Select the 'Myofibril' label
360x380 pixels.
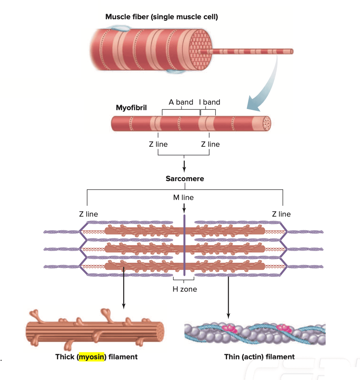131,108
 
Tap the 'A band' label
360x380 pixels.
181,102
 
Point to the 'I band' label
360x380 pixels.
209,102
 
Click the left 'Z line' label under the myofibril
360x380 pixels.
158,144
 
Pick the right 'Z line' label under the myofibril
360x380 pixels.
210,144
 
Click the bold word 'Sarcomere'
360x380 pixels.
184,179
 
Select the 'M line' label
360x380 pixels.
183,197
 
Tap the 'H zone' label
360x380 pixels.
184,289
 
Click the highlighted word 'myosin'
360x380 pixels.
91,357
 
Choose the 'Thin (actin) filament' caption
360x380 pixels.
259,357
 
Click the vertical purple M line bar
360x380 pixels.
184,248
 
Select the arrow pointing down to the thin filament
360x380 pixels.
228,296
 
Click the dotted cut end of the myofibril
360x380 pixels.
265,123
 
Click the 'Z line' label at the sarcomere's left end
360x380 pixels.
88,214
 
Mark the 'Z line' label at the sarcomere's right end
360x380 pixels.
281,214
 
